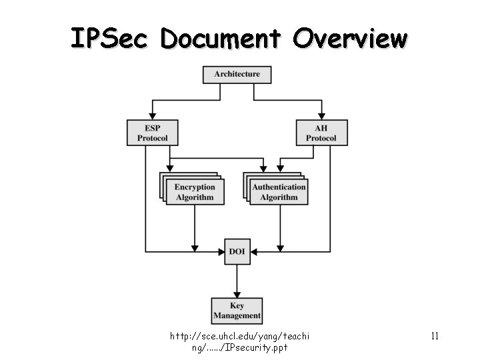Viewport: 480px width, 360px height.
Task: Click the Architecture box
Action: pos(237,74)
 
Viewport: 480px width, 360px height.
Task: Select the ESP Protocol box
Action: pos(153,132)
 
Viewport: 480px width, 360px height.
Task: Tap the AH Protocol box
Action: pos(321,132)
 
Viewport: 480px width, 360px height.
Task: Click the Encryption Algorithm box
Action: pos(195,192)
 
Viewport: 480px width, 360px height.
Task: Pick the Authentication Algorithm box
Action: pos(279,192)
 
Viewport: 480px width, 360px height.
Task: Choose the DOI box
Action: pos(237,251)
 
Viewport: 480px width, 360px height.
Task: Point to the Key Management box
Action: pos(237,311)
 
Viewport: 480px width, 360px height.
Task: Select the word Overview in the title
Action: pos(349,39)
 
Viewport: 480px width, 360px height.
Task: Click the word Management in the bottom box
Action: pos(237,316)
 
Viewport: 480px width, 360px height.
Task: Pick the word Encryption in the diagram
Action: pos(195,187)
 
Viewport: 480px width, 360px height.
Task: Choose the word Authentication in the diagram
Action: pos(279,187)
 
